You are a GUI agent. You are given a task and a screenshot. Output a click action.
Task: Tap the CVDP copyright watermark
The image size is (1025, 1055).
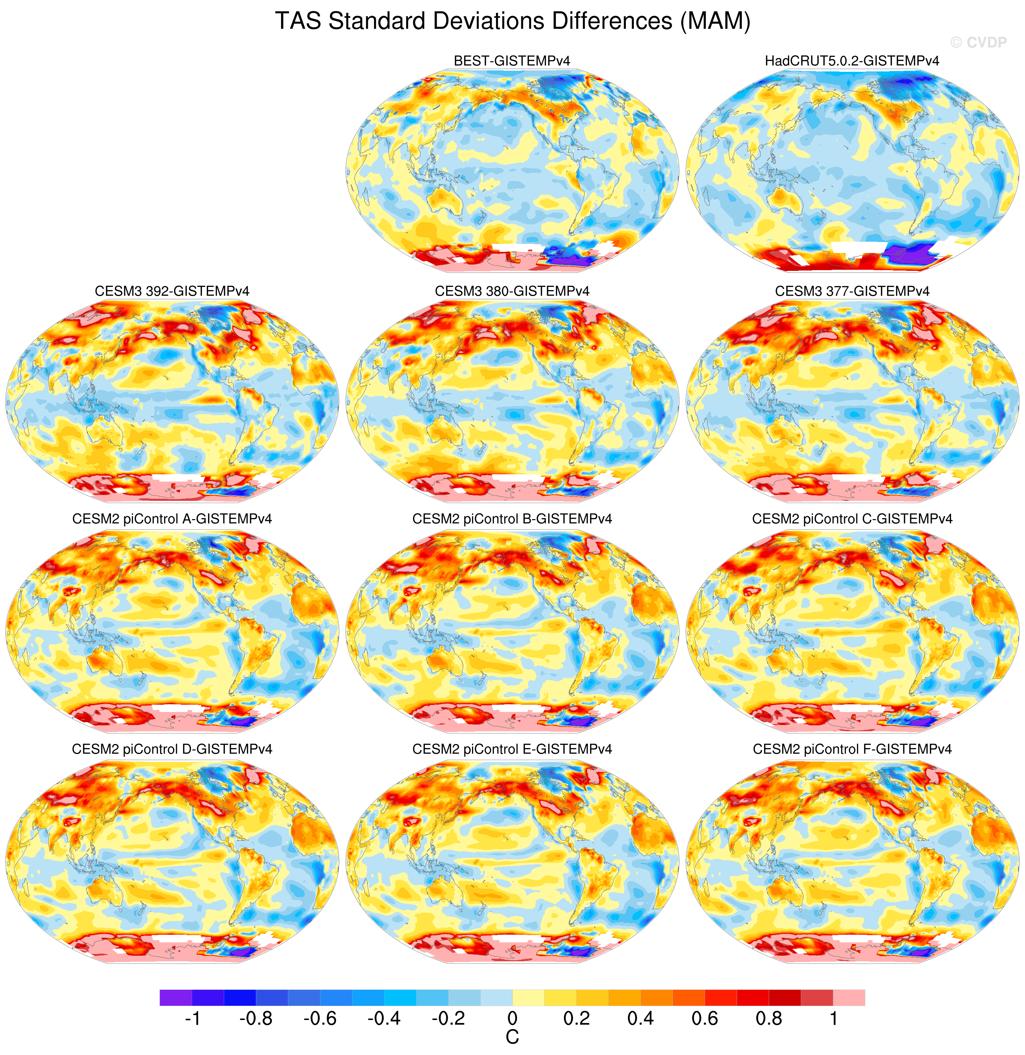[978, 43]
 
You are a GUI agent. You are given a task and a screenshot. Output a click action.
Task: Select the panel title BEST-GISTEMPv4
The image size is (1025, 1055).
[512, 61]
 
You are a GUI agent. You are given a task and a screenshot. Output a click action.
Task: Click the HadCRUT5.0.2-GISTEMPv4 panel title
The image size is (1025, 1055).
[852, 61]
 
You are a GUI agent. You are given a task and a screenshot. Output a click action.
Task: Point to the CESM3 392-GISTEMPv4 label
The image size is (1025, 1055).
[172, 291]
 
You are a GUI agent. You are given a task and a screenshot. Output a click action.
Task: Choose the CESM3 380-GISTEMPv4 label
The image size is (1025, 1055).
[512, 291]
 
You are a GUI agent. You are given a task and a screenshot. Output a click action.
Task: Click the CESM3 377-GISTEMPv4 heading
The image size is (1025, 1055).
[852, 291]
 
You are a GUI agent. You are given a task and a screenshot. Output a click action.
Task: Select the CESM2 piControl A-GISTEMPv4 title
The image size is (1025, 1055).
[172, 519]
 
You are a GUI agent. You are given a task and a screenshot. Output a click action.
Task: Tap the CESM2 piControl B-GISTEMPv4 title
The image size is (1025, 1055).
[512, 519]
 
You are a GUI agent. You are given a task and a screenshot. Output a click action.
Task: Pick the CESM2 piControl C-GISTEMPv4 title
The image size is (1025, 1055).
[852, 519]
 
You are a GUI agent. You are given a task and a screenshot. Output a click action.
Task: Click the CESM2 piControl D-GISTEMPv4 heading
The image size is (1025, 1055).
[172, 749]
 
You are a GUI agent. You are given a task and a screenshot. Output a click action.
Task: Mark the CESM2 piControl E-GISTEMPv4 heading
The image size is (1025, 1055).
[512, 749]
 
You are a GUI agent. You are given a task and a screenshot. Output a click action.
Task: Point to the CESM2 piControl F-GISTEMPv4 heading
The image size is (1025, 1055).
[852, 749]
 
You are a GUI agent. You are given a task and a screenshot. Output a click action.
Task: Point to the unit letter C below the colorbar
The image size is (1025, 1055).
[512, 1037]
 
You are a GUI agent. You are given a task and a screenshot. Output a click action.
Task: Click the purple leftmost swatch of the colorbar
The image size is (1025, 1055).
[176, 997]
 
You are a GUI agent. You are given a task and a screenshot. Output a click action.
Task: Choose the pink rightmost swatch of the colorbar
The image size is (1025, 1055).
[849, 997]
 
